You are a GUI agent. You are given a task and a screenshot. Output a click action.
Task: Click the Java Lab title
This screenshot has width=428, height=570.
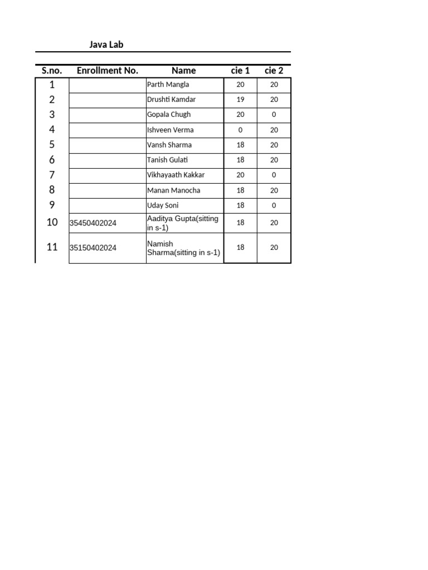[x=106, y=45]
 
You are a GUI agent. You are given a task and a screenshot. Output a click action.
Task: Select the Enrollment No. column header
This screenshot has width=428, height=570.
[x=107, y=71]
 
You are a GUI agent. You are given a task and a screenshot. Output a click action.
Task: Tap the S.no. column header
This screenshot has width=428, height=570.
[x=52, y=71]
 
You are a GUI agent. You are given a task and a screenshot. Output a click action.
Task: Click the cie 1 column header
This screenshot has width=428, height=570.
[x=240, y=71]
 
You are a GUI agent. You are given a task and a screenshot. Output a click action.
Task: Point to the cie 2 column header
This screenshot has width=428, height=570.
[x=274, y=71]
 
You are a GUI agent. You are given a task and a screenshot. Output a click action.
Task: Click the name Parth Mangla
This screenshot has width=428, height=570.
[x=168, y=85]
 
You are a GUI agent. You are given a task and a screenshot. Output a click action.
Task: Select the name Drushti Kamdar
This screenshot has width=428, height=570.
[x=171, y=100]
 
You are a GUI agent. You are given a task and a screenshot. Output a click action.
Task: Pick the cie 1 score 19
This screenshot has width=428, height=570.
[x=240, y=100]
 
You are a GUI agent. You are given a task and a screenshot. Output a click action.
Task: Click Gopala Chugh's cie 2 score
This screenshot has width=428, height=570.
[x=274, y=115]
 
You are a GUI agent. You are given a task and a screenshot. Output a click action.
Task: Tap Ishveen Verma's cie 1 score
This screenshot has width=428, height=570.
[x=240, y=130]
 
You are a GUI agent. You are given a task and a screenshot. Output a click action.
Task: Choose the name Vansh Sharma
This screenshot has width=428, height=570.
[x=169, y=145]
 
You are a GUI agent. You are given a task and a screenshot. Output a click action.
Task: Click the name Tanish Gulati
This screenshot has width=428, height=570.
[x=168, y=160]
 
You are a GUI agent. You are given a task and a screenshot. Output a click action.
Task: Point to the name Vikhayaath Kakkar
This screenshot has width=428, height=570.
[x=176, y=175]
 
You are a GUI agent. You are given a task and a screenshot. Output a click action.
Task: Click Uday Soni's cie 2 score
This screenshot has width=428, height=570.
[x=274, y=205]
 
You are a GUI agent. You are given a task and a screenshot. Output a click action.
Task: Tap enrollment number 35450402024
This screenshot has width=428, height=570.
[x=93, y=223]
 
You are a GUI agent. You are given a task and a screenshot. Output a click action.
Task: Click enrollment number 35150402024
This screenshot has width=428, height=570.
[x=93, y=248]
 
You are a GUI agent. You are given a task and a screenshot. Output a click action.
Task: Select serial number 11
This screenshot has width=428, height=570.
[x=52, y=247]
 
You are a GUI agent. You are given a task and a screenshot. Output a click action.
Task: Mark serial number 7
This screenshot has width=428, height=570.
[x=52, y=175]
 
